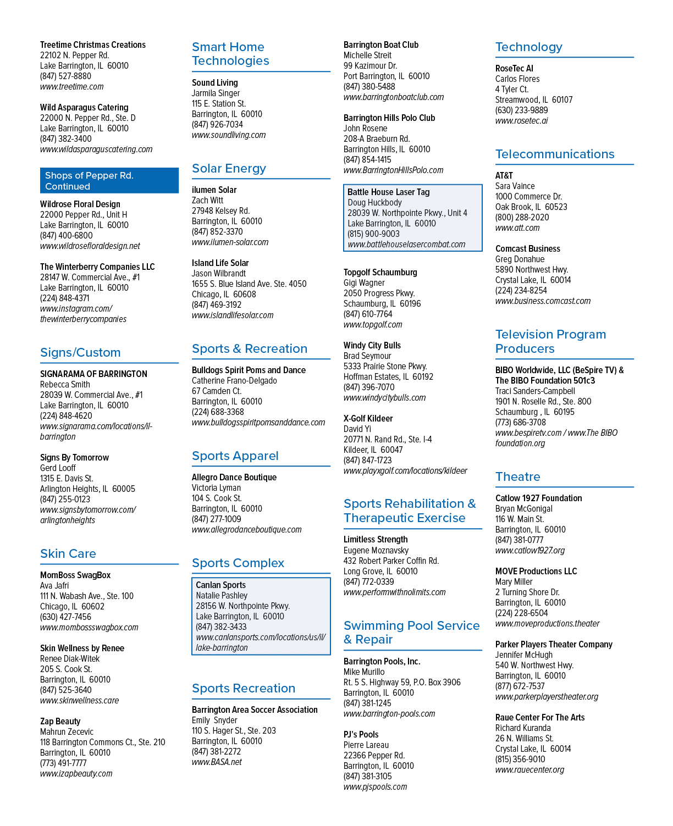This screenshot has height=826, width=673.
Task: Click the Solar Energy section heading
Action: (229, 168)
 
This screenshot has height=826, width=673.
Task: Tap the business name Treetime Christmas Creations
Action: (93, 45)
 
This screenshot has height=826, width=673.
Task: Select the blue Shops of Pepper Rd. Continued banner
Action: (109, 180)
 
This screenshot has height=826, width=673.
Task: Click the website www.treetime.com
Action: (72, 87)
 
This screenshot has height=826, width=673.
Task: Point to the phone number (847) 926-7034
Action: (217, 125)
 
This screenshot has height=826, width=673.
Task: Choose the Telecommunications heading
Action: (555, 154)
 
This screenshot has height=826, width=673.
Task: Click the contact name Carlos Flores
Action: (517, 79)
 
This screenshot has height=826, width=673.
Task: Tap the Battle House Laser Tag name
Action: (388, 192)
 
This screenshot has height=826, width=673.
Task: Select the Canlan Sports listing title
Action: (220, 585)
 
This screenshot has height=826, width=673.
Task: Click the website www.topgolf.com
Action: (373, 325)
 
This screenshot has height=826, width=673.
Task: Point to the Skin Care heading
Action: (68, 553)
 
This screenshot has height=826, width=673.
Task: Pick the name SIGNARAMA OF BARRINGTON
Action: (93, 374)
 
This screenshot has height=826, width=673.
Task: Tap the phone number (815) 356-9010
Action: (520, 760)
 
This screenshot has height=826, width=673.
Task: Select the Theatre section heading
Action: (517, 476)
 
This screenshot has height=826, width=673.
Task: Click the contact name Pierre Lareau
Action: (366, 745)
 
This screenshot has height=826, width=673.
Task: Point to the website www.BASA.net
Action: (217, 762)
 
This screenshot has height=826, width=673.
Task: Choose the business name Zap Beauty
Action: (60, 721)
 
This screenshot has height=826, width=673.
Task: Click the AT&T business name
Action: (504, 176)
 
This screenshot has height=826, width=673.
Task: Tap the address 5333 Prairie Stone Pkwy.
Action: (385, 367)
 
